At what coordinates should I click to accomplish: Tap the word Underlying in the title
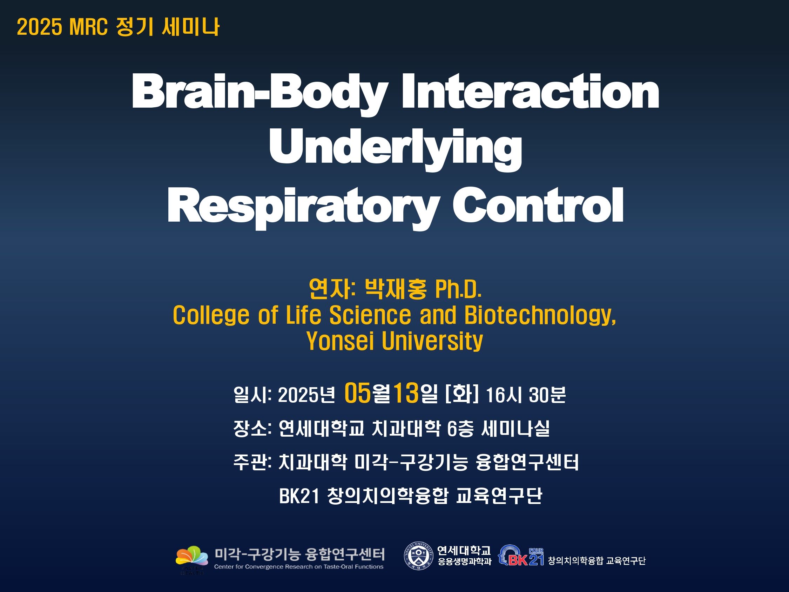pos(396,150)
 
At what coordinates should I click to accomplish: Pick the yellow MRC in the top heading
pos(88,27)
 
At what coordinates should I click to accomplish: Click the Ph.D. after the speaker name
pos(458,289)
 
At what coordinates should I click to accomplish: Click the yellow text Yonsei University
pos(394,341)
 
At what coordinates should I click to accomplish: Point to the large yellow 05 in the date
pos(357,393)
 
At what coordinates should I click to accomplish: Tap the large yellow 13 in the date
pos(406,393)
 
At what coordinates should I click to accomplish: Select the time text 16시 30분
pos(526,395)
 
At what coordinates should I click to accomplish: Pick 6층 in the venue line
pos(460,428)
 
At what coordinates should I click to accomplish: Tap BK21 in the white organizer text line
pos(299,496)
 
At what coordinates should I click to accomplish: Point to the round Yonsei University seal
pos(418,556)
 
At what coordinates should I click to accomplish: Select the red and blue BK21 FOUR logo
pos(521,556)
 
